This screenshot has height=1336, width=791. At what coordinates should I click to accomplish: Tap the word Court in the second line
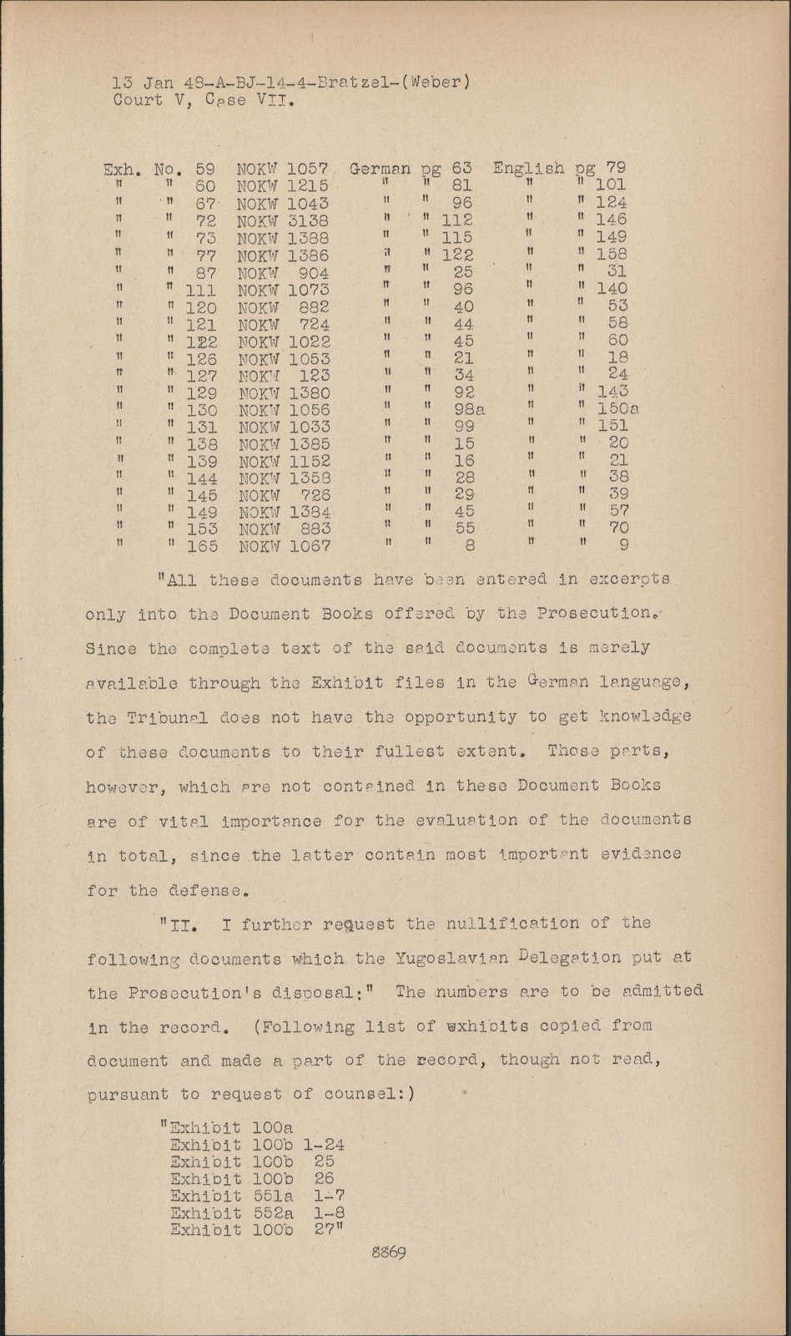[139, 100]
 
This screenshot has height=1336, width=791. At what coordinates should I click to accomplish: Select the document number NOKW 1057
[282, 169]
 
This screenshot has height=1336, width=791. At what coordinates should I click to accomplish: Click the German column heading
[380, 169]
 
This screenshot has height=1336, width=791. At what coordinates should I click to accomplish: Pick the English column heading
[528, 168]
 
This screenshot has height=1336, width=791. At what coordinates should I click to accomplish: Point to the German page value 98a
[469, 410]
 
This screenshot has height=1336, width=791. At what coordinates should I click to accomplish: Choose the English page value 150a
[618, 409]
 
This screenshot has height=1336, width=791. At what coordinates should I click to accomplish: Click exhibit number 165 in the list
[201, 546]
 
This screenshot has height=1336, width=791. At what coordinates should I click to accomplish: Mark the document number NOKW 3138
[283, 221]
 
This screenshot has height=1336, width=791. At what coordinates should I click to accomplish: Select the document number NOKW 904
[283, 273]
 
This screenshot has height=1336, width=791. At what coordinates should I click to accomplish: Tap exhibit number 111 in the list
[200, 291]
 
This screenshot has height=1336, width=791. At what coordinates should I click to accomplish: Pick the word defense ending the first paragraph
[204, 891]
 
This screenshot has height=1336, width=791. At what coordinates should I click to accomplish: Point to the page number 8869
[388, 1252]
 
